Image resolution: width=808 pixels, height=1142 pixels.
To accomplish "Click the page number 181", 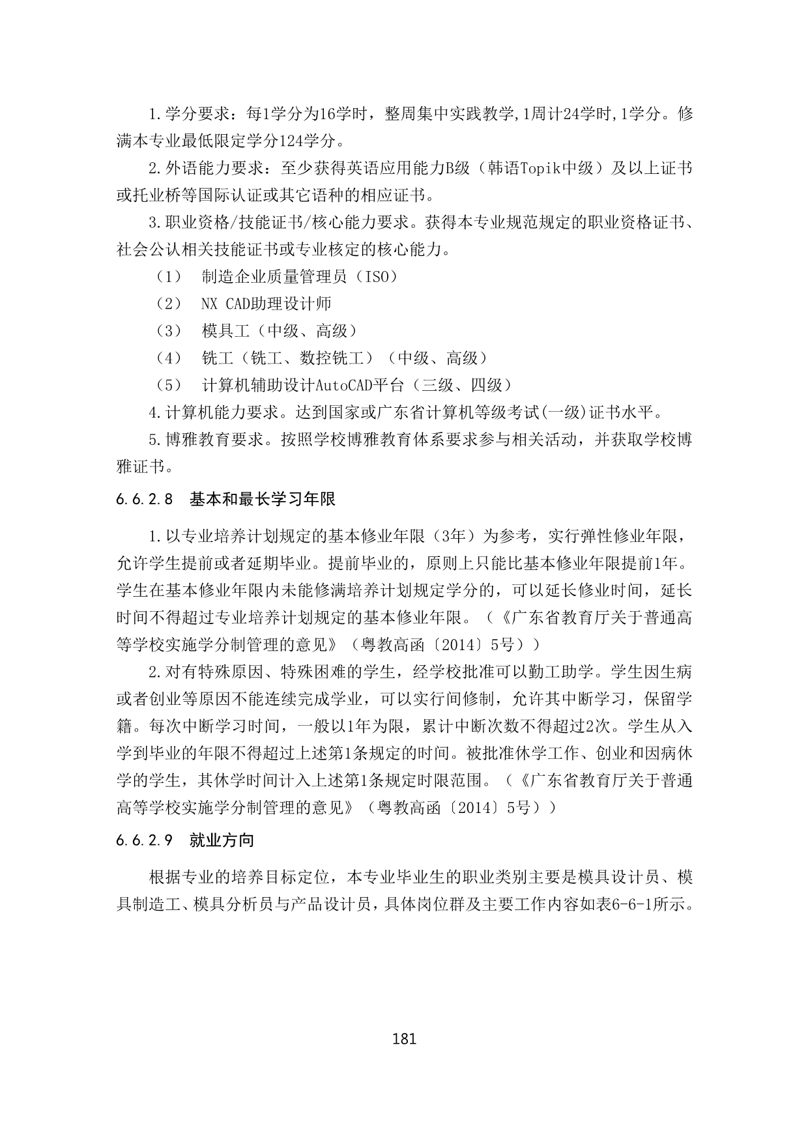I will point(405,1038).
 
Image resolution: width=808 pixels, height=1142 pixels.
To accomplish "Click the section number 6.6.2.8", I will point(145,500).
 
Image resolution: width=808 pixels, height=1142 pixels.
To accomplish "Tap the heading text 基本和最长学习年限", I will point(263,500).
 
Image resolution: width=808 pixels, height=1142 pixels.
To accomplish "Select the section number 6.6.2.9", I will point(145,840).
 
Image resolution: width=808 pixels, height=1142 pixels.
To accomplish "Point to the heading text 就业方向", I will point(222,840).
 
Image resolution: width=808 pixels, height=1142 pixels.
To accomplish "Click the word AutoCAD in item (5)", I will point(344,385).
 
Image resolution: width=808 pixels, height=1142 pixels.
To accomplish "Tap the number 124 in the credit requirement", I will point(293,140).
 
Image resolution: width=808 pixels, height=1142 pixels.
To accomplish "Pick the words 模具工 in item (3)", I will point(225,331).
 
